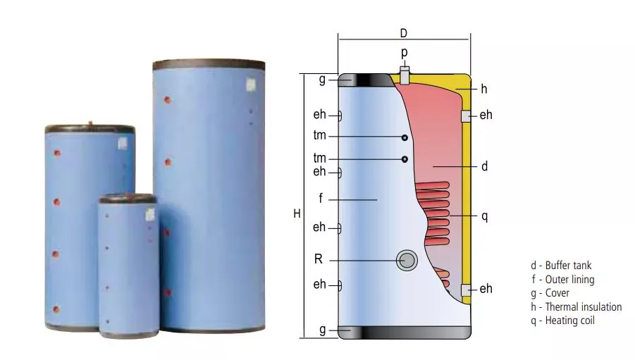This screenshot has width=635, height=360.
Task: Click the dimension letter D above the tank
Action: (403, 33)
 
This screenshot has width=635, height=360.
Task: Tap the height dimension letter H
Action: (297, 213)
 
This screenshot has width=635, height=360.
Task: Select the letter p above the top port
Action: (404, 53)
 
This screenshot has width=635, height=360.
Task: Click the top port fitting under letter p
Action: (405, 75)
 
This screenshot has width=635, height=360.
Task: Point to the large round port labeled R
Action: (407, 261)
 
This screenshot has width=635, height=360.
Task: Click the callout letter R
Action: (319, 259)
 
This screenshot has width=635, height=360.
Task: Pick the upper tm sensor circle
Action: (405, 137)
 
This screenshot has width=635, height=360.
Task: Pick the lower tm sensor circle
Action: (405, 159)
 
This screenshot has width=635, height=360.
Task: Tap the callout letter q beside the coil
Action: (484, 216)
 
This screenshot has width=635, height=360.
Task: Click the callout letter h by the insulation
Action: (484, 89)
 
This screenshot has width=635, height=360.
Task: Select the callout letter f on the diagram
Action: (321, 199)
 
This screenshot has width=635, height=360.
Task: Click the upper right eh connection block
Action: (466, 116)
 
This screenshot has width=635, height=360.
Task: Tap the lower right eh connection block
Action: (466, 290)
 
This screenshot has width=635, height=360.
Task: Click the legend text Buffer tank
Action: (568, 266)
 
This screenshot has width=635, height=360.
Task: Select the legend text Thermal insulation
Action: (584, 307)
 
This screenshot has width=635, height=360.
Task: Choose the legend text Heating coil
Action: (569, 321)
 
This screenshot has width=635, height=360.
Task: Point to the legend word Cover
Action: (557, 293)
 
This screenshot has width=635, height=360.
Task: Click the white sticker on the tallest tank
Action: (251, 85)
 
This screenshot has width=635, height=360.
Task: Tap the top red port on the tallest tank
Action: (167, 99)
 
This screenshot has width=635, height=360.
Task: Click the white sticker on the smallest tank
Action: (150, 215)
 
